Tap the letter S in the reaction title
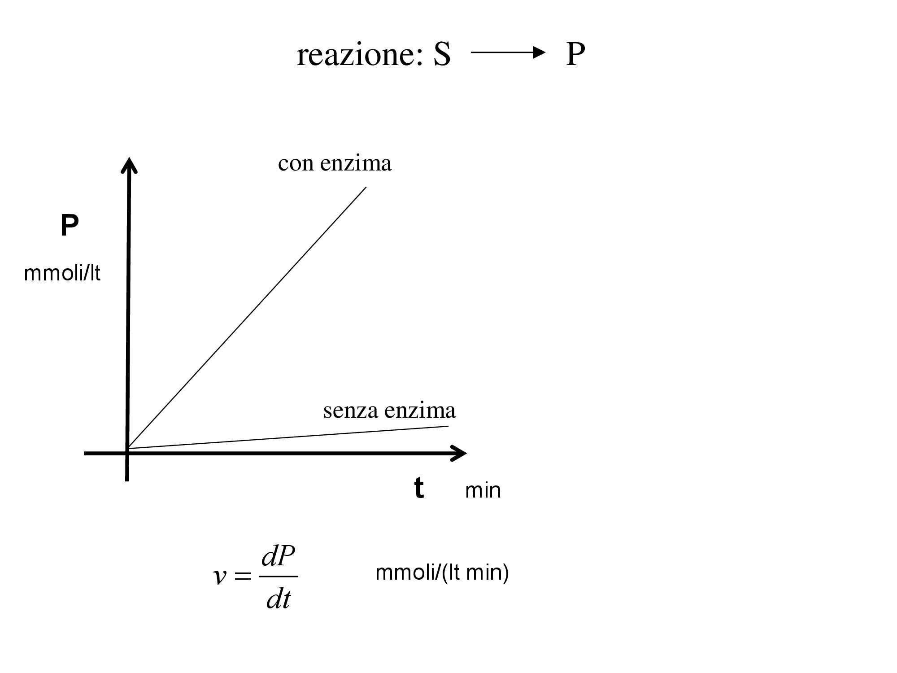click(442, 56)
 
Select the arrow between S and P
click(508, 53)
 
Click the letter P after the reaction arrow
click(575, 55)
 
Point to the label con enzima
click(335, 163)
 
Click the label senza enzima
click(389, 411)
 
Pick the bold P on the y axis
click(70, 226)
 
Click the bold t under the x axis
click(419, 488)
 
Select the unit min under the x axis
click(483, 490)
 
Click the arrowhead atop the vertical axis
click(129, 165)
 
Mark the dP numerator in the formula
click(278, 557)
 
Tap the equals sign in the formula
click(243, 577)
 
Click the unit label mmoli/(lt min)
click(442, 573)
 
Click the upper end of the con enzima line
click(366, 188)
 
